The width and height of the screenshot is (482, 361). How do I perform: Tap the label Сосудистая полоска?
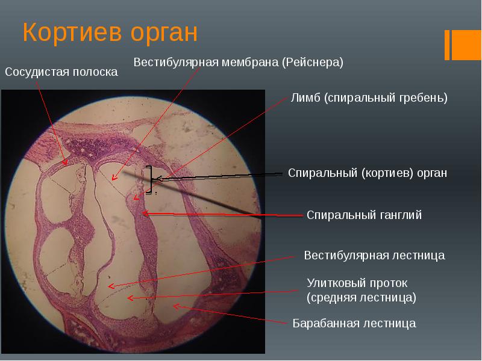[61, 72]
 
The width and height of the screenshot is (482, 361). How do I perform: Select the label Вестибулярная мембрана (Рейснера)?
[238, 63]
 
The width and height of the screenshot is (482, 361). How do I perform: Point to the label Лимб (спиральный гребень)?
[369, 97]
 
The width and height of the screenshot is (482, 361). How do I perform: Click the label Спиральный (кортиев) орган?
[368, 173]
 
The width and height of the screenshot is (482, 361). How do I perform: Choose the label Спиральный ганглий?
[364, 215]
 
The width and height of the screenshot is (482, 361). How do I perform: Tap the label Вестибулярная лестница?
[374, 255]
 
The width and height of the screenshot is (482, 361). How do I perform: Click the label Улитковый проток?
[357, 282]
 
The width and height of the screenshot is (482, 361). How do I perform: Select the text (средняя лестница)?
[361, 297]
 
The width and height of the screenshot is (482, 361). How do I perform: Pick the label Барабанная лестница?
[354, 324]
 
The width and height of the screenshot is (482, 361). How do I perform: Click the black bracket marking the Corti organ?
[149, 178]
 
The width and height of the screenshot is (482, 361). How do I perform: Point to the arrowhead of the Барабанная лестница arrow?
[175, 307]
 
